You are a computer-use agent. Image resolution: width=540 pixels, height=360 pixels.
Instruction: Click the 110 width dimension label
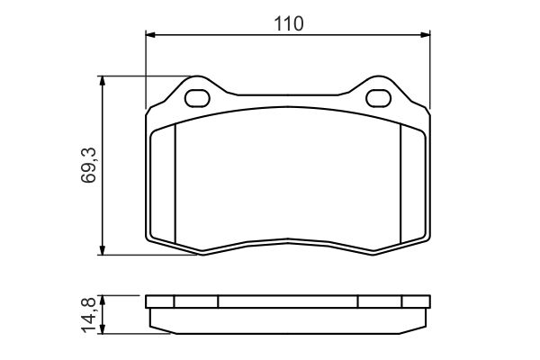pyautogui.click(x=289, y=23)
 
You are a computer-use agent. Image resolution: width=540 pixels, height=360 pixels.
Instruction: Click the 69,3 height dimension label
pyautogui.click(x=88, y=165)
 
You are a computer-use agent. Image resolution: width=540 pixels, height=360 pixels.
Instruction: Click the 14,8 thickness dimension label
pyautogui.click(x=88, y=316)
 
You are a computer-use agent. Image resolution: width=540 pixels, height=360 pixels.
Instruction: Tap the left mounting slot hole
pyautogui.click(x=197, y=98)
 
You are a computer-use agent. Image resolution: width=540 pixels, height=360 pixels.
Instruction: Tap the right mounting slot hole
pyautogui.click(x=379, y=98)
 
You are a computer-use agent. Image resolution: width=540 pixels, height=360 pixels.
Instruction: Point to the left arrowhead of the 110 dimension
pyautogui.click(x=150, y=35)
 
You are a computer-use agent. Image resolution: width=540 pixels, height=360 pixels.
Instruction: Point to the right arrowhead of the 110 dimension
pyautogui.click(x=426, y=35)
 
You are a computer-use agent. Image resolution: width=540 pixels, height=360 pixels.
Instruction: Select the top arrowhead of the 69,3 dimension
pyautogui.click(x=102, y=81)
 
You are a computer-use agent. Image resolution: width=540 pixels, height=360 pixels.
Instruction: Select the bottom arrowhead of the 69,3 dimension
pyautogui.click(x=102, y=250)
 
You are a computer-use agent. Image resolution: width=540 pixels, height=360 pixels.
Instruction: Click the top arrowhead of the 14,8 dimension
pyautogui.click(x=102, y=300)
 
